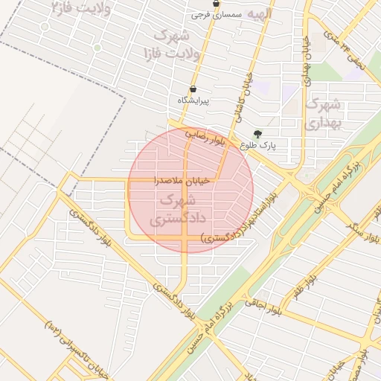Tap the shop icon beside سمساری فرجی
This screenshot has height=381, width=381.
(216, 4)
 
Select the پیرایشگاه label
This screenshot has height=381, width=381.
(193, 100)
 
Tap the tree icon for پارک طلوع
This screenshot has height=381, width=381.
(258, 134)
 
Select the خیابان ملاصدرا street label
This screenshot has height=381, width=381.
(182, 180)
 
